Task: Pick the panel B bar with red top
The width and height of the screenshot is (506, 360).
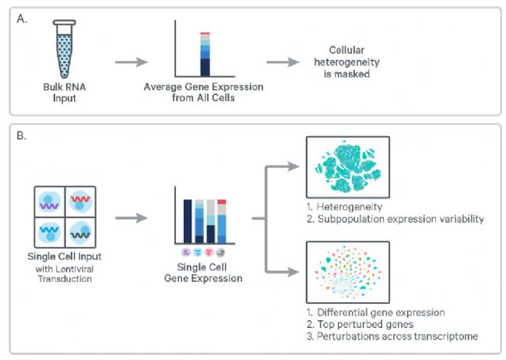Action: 222,220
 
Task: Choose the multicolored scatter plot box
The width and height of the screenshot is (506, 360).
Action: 347,270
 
